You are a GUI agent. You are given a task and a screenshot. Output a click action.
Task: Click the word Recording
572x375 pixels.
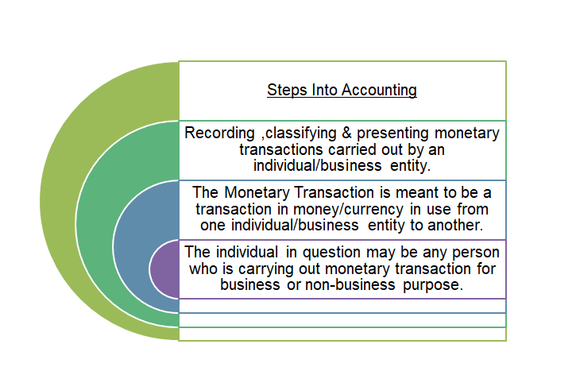pos(219,133)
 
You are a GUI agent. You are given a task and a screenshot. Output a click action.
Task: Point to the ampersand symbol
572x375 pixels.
pos(346,133)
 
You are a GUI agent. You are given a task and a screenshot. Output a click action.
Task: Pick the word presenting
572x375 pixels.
pos(392,133)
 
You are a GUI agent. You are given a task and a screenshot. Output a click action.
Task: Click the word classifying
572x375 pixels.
pos(301,133)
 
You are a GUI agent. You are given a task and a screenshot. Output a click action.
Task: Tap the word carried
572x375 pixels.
pos(352,149)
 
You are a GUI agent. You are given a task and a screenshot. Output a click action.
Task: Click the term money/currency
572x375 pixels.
pos(349,210)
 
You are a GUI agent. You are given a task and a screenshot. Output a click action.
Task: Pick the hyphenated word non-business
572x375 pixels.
pos(350,285)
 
